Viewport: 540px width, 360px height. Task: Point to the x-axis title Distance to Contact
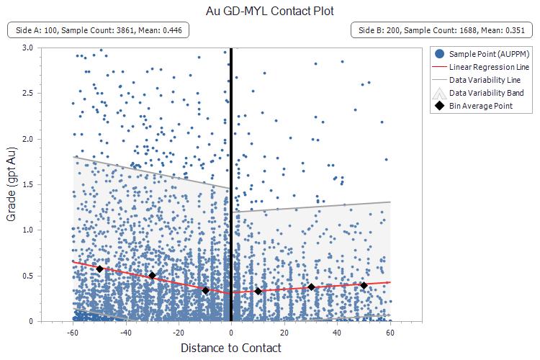(x=230, y=348)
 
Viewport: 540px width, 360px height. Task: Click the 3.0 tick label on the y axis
(x=27, y=48)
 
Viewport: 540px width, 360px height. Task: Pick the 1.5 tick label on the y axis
(x=27, y=184)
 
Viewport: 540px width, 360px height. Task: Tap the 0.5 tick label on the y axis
(x=27, y=276)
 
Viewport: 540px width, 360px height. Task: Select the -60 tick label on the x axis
(x=72, y=333)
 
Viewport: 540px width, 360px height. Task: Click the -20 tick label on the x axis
(x=178, y=333)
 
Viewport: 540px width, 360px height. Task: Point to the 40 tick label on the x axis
(x=337, y=333)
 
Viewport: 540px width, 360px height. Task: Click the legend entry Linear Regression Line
(x=489, y=67)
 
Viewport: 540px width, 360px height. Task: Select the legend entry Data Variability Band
(x=487, y=93)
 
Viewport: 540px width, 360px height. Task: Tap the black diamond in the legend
(x=439, y=106)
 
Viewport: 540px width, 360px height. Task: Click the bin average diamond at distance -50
(x=99, y=269)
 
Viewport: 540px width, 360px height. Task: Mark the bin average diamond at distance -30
(x=152, y=275)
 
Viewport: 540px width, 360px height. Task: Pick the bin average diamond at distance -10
(x=205, y=290)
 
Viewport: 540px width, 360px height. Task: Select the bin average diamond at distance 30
(x=311, y=287)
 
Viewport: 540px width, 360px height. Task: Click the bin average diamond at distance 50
(x=364, y=285)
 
